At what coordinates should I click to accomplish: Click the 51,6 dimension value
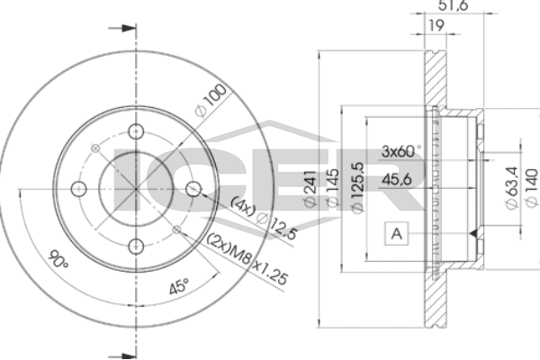(x=453, y=5)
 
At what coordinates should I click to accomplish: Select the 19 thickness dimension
(x=436, y=25)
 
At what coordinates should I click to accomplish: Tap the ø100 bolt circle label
(x=211, y=100)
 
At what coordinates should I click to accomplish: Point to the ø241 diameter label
(x=310, y=188)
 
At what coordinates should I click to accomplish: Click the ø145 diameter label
(x=333, y=188)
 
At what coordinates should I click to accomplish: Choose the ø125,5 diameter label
(x=358, y=188)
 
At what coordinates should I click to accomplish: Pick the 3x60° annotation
(x=401, y=151)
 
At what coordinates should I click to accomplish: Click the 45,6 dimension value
(x=397, y=179)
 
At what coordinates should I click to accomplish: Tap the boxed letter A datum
(x=397, y=234)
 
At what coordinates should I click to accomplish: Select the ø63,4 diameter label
(x=512, y=188)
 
